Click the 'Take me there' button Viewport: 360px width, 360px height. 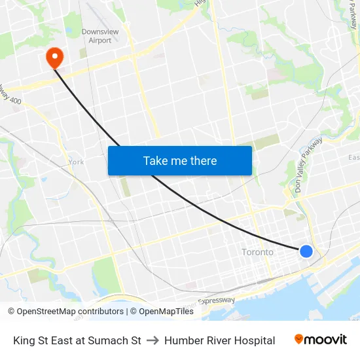(180, 160)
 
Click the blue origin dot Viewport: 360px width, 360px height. (306, 251)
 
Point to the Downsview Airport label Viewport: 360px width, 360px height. (96, 36)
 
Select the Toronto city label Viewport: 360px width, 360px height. (257, 252)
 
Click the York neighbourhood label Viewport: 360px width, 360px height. (76, 162)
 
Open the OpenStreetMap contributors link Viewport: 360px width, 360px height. (70, 312)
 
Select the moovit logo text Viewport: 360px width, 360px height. (326, 340)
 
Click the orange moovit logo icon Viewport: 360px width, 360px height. (299, 339)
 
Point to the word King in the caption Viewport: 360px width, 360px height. (24, 340)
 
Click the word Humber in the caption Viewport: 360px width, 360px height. (182, 340)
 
